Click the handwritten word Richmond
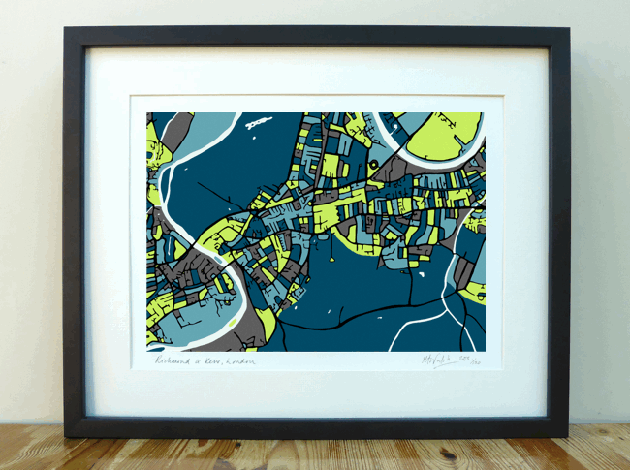[175, 360]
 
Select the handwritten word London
[239, 361]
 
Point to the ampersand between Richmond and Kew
[198, 361]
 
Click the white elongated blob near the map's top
[258, 123]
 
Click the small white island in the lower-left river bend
[229, 313]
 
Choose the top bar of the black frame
[316, 35]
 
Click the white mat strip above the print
[316, 72]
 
